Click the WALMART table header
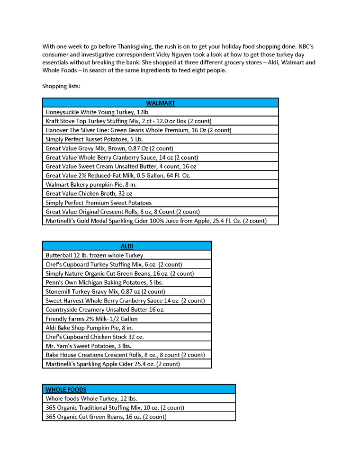(160, 103)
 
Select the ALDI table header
(126, 246)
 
